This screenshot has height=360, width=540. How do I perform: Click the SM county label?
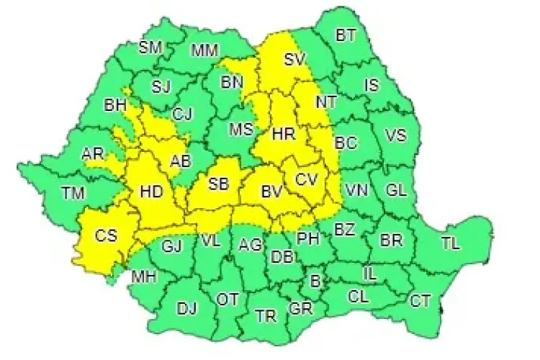[x=150, y=48]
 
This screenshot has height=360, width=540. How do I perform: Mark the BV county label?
[x=271, y=192]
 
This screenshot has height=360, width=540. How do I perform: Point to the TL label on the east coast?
[x=450, y=243]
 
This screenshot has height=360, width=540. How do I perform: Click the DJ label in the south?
[x=186, y=309]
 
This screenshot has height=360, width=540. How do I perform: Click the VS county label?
[x=395, y=135]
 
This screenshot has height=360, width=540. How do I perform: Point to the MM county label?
[x=205, y=50]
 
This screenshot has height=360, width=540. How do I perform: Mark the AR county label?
[x=92, y=154]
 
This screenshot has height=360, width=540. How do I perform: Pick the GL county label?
[x=396, y=190]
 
